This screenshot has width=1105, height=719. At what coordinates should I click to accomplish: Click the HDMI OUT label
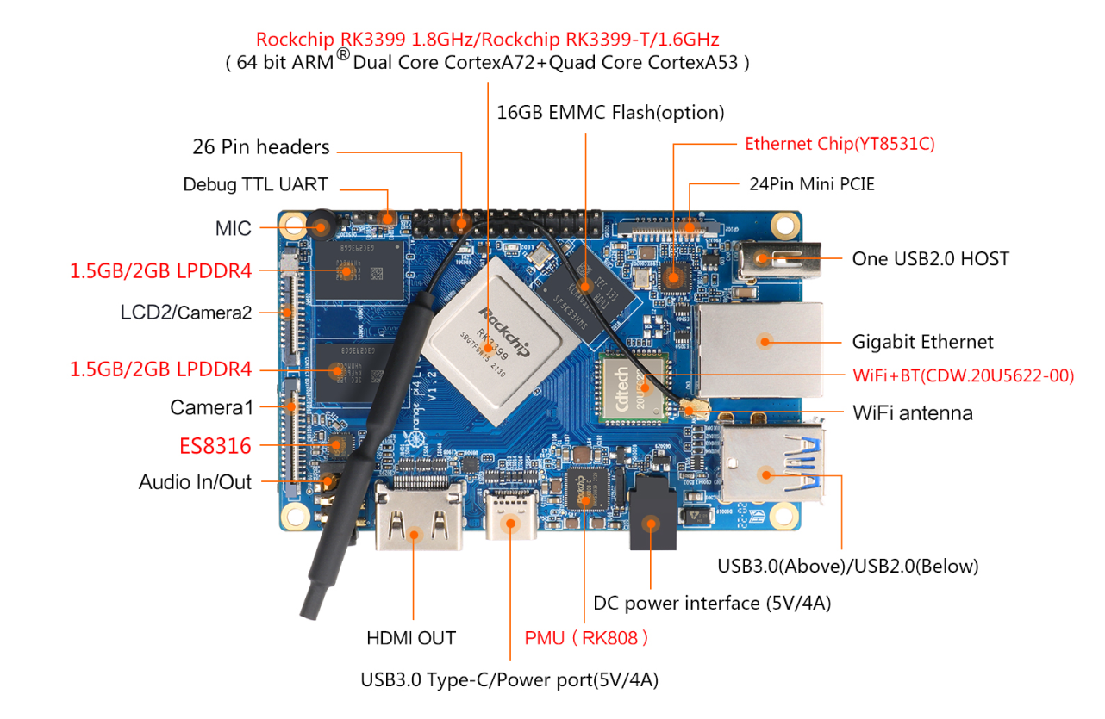click(410, 638)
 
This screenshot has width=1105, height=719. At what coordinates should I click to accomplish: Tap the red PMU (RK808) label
click(586, 638)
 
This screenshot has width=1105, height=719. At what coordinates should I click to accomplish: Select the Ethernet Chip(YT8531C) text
click(840, 144)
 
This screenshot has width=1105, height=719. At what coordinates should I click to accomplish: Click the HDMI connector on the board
click(418, 518)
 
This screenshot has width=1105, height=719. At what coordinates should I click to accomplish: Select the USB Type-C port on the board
click(511, 516)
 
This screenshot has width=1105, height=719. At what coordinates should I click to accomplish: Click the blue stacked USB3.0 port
click(772, 466)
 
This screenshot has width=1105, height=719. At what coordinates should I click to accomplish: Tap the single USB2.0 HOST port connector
click(776, 257)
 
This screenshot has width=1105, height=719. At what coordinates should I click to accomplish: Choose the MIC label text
click(233, 229)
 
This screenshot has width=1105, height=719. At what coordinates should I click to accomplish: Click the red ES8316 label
click(215, 446)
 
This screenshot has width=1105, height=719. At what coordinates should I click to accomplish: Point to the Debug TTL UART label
click(255, 185)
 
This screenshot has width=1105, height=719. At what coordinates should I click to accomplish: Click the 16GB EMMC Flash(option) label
click(610, 113)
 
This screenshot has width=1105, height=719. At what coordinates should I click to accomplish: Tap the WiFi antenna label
click(912, 413)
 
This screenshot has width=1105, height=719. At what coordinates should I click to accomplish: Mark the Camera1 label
click(210, 407)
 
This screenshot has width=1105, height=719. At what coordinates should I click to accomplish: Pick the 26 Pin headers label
click(260, 147)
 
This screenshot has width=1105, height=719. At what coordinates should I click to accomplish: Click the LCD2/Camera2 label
click(185, 312)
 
